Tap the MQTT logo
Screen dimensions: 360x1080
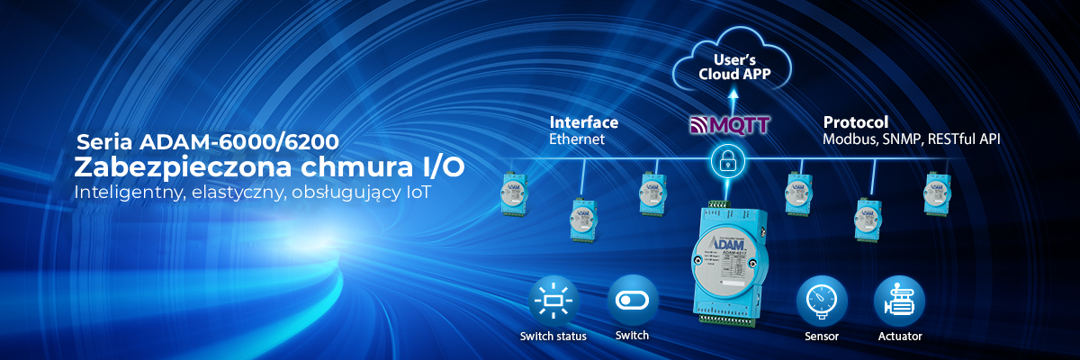click(729, 124)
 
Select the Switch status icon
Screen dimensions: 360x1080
click(553, 301)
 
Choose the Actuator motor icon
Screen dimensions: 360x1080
click(899, 301)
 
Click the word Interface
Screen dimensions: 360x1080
click(583, 122)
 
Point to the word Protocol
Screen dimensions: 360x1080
click(855, 122)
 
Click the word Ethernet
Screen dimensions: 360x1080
click(576, 139)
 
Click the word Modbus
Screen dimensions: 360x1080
click(846, 139)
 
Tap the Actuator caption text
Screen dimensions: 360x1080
click(899, 337)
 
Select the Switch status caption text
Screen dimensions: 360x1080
click(553, 337)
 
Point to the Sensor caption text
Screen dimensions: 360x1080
click(821, 337)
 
